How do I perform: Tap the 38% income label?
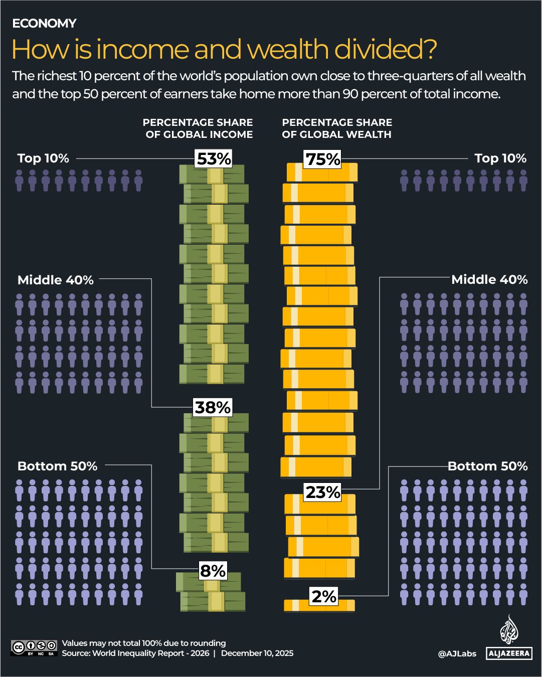pyautogui.click(x=213, y=407)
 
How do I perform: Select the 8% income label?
pyautogui.click(x=213, y=571)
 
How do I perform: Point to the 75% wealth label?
pyautogui.click(x=323, y=159)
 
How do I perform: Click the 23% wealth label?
pyautogui.click(x=323, y=492)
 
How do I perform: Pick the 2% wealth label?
pyautogui.click(x=324, y=596)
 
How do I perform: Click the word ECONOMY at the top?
pyautogui.click(x=44, y=24)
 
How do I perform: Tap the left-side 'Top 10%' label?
pyautogui.click(x=43, y=158)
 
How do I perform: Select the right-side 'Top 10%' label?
pyautogui.click(x=500, y=158)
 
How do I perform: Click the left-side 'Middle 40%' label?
pyautogui.click(x=56, y=280)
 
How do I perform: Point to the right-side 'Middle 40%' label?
pyautogui.click(x=489, y=280)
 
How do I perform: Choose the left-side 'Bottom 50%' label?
pyautogui.click(x=57, y=466)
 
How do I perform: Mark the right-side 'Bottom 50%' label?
pyautogui.click(x=487, y=466)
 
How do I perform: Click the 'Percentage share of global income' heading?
pyautogui.click(x=198, y=128)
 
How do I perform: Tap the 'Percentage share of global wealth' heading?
pyautogui.click(x=337, y=128)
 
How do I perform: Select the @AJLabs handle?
pyautogui.click(x=457, y=653)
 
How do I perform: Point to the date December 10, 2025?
pyautogui.click(x=257, y=653)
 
